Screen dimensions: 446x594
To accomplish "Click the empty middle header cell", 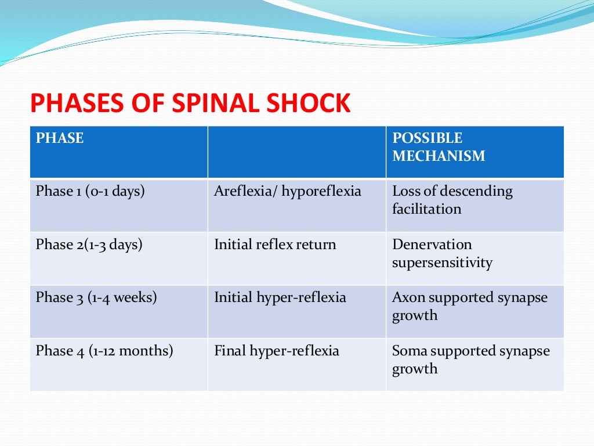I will point(296,152).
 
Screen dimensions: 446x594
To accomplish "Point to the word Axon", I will point(407,298).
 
